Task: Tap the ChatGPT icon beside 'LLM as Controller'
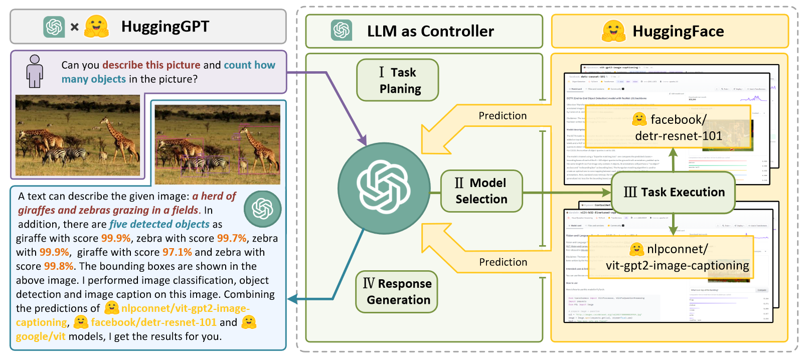pos(342,31)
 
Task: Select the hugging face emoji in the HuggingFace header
pos(613,31)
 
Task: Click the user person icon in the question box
pos(35,71)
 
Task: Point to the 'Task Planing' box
pos(398,80)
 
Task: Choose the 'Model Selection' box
pos(481,191)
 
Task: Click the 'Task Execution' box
pos(674,192)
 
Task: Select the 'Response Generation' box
pos(397,291)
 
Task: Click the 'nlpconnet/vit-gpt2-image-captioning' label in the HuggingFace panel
pos(672,257)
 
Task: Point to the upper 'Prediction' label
pos(503,116)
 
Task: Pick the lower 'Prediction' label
pos(503,262)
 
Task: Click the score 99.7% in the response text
pos(232,238)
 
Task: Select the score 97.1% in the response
pos(177,252)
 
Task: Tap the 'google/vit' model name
pos(41,336)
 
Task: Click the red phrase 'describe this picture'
pos(151,65)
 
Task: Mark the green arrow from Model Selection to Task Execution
pos(567,192)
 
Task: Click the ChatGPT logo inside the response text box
pos(262,209)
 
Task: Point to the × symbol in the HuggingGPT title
pos(75,27)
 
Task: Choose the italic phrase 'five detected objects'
pos(159,224)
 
